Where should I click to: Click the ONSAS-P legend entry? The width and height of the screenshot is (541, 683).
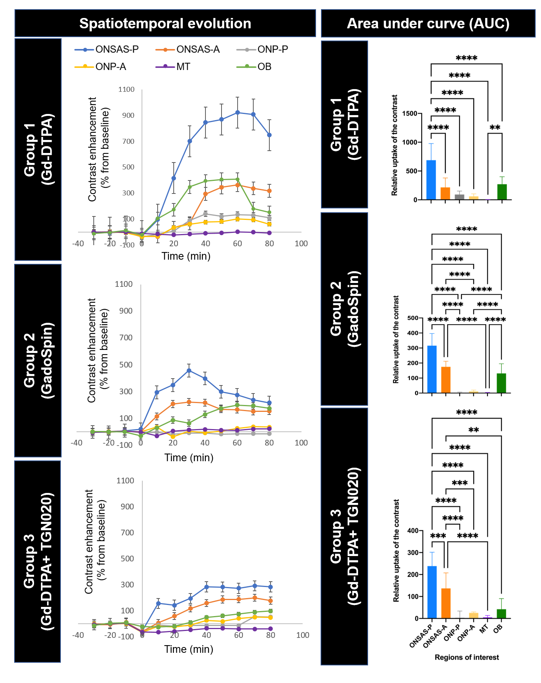point(117,49)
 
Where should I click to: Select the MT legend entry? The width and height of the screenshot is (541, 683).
point(183,67)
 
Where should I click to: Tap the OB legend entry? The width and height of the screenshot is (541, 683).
point(264,67)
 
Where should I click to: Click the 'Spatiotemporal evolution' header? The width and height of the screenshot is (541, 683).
point(165,24)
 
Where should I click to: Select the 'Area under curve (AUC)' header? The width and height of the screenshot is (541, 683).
point(428,24)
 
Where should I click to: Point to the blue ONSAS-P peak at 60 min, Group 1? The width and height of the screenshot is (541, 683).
point(238,112)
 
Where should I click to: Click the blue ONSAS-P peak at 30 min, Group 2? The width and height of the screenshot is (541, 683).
point(189,370)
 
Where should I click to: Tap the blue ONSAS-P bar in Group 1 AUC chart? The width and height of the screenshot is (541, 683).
point(431,180)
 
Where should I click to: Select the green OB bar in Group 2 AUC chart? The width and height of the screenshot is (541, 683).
point(501,383)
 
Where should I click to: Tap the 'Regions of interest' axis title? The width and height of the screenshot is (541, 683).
point(467,657)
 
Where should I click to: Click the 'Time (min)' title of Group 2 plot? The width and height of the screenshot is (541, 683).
point(189,457)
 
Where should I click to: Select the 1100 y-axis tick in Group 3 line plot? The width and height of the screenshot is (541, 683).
point(125,481)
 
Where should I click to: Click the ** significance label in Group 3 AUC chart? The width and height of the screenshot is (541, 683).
point(474,430)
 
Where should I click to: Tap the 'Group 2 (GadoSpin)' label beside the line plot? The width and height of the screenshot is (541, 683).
point(38,361)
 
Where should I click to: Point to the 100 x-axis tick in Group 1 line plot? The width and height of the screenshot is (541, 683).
point(301,244)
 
